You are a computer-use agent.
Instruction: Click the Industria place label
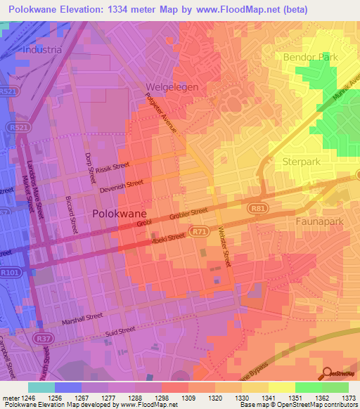point(42,50)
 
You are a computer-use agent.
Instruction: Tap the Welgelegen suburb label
point(172,87)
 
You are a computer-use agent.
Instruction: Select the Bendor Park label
point(311,57)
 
